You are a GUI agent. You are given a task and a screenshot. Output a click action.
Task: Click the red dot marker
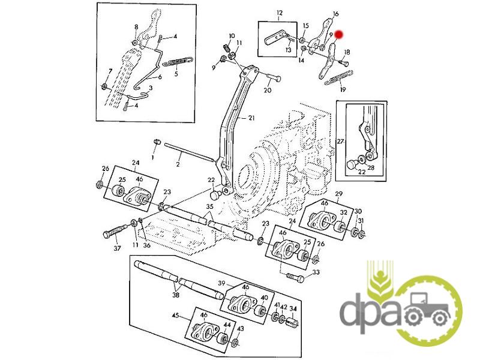coord(339,35)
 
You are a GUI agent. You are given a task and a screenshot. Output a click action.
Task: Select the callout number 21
coord(251,118)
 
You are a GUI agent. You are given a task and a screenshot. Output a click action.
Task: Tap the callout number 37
coord(118,248)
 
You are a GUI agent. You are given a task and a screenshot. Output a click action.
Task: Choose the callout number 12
coord(280,13)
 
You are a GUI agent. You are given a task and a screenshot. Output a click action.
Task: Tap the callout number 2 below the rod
coord(178,164)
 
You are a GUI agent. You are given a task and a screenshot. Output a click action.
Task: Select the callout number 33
coord(316,272)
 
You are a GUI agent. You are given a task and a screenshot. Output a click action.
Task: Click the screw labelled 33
coord(295,278)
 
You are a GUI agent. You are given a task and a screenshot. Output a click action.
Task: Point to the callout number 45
coord(175,316)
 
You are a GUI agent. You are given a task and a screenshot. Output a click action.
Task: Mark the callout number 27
coord(340,142)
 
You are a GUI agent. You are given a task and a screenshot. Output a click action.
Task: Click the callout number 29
coord(339,194)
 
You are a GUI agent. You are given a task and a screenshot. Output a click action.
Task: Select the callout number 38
coord(176,295)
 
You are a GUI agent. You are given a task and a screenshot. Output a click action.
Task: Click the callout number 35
coord(209,206)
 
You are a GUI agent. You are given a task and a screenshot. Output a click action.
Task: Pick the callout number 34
coord(293,308)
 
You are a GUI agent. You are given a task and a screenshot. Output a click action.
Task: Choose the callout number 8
coord(137,27)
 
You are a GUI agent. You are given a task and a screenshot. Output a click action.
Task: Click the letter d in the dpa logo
coord(352,309)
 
